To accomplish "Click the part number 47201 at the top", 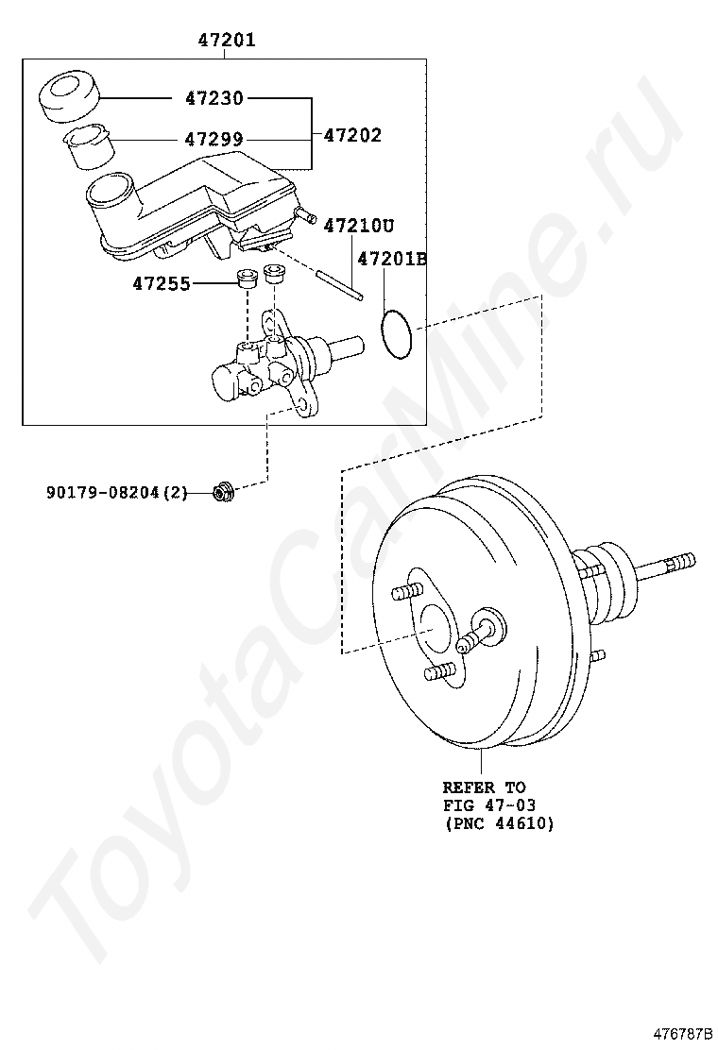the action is click(226, 41).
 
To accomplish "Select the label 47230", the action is click(214, 97).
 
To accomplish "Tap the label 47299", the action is click(214, 139).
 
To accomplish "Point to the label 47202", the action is click(352, 135).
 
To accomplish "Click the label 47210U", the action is click(358, 226).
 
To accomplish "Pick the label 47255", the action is click(162, 282).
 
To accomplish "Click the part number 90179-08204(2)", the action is click(117, 492).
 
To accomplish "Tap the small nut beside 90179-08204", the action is click(223, 491).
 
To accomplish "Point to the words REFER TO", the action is click(485, 787).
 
